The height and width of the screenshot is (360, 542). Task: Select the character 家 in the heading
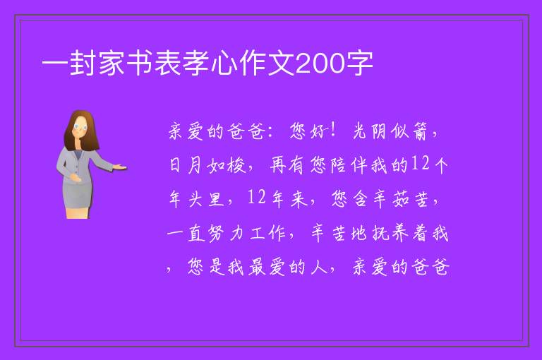[112, 63]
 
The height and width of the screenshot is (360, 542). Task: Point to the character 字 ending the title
[359, 63]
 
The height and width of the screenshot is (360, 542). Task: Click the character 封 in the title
[83, 63]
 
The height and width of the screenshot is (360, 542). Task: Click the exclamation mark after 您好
[333, 131]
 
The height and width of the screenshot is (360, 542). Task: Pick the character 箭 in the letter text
[420, 131]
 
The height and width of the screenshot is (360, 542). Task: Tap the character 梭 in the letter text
[237, 165]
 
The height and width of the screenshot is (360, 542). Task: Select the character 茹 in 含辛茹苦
[401, 199]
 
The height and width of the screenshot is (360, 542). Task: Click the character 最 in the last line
[257, 268]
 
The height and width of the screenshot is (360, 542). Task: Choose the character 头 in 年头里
[195, 199]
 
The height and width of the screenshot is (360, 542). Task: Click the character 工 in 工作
[257, 234]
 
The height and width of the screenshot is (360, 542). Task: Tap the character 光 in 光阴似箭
[359, 131]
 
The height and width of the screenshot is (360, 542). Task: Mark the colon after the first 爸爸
[270, 131]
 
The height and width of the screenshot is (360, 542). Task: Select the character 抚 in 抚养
[380, 234]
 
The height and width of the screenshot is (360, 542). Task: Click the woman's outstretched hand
[120, 167]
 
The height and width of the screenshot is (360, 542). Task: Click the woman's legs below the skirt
[78, 212]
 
